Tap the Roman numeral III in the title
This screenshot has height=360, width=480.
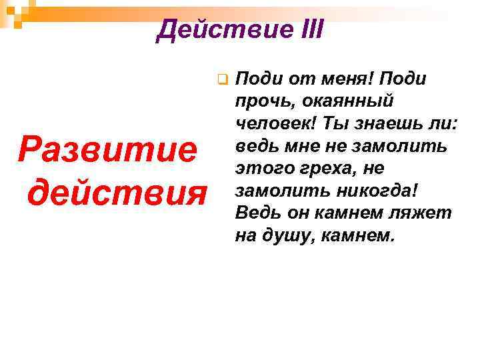[x=306, y=30]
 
